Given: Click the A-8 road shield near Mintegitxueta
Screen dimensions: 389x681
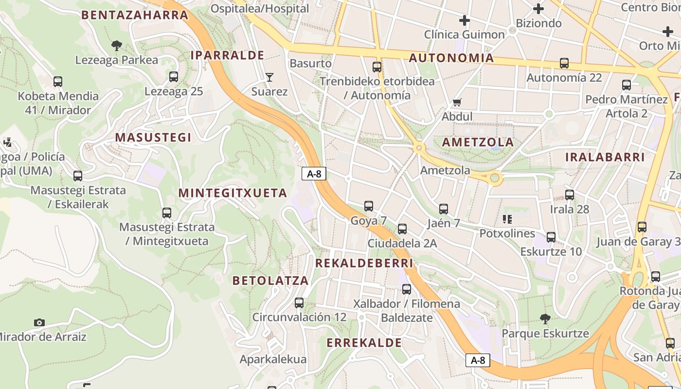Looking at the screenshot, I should point(314,174).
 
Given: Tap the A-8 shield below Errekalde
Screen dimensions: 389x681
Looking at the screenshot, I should point(478,360).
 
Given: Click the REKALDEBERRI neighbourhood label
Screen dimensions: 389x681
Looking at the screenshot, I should point(364,263).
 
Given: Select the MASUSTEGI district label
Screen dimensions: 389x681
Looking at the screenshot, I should point(153,138).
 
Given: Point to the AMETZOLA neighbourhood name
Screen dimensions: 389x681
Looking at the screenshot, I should point(478,142).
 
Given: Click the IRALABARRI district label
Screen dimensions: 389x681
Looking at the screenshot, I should point(605,157).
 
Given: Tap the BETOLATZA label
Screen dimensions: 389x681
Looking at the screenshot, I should point(270,281).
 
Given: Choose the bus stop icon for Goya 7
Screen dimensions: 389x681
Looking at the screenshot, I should point(369,206).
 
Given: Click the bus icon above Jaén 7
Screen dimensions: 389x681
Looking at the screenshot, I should point(444,209).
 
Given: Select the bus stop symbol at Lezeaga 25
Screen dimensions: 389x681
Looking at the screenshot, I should point(174,77).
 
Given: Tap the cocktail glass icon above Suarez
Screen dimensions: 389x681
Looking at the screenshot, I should point(269,77).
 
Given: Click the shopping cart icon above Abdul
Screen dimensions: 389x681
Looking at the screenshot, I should point(457,102).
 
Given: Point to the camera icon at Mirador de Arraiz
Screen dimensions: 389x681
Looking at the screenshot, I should point(39,322).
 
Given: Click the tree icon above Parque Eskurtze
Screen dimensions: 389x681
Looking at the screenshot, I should point(545,319).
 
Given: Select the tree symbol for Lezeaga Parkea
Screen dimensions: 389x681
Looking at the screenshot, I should point(116,46).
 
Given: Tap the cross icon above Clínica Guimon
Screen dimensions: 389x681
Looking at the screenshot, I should point(465,20).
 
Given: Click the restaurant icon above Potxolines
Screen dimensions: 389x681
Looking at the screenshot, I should point(507,219).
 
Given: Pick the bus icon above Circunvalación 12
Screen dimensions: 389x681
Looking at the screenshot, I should point(299,303).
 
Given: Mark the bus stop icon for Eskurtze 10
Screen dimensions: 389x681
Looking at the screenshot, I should point(551,237).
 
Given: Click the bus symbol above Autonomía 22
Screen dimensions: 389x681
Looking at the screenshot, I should point(564,63).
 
